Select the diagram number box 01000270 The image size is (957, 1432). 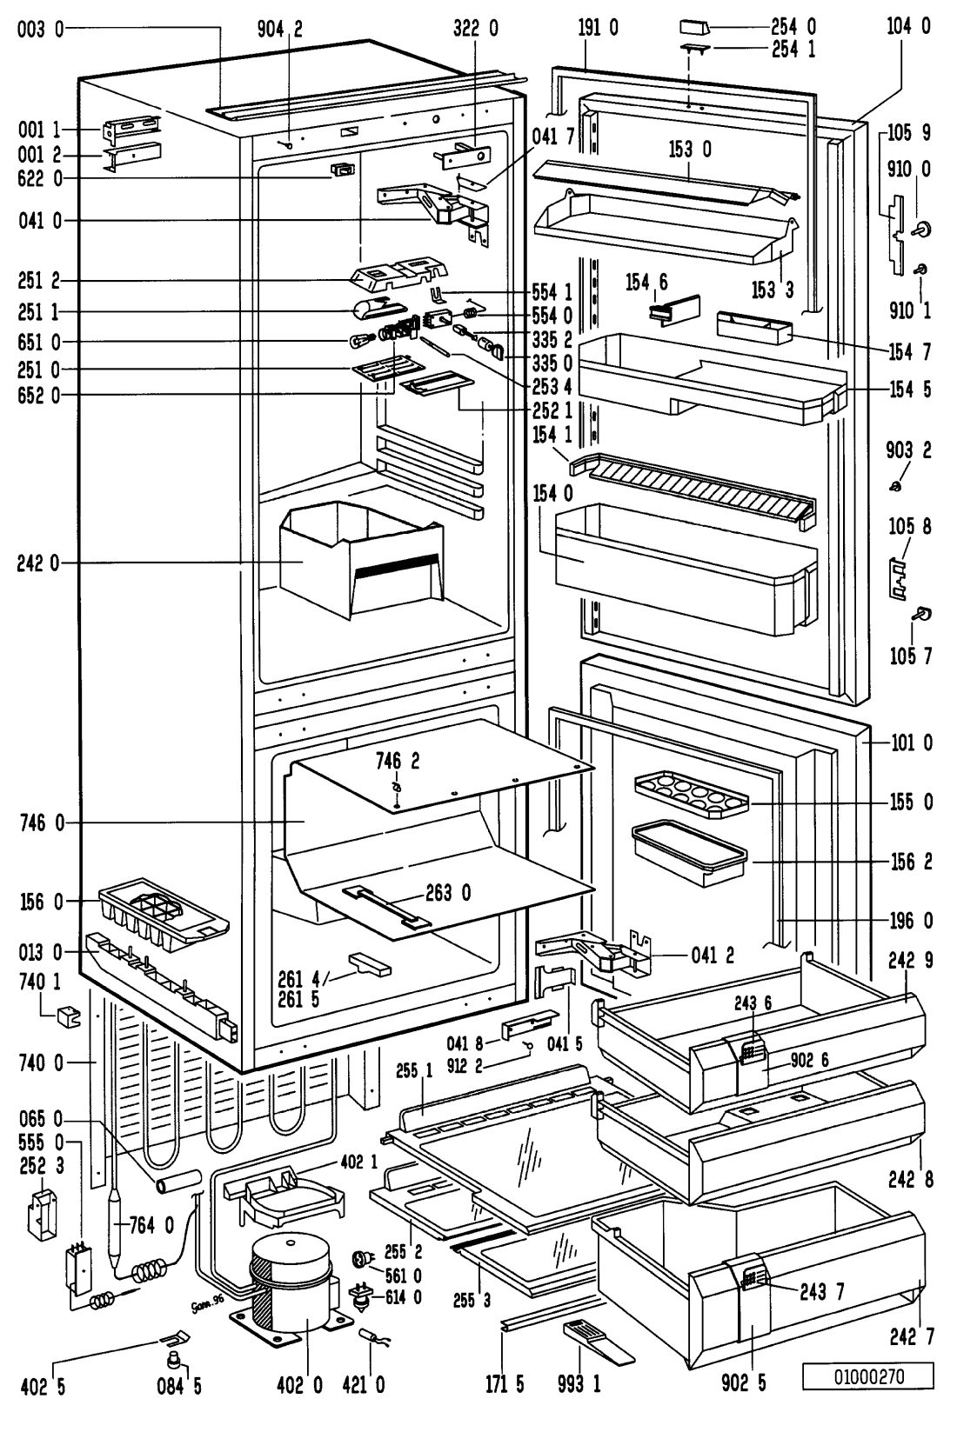point(868,1376)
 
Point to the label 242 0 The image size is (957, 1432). point(39,563)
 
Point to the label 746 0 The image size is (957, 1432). point(41,823)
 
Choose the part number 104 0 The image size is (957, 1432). point(908,26)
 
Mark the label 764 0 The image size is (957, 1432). point(151,1225)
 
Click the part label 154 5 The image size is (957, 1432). point(910,390)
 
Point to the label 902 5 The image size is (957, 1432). point(743,1384)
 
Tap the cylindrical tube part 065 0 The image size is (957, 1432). point(178,1183)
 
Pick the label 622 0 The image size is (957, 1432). point(39,178)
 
